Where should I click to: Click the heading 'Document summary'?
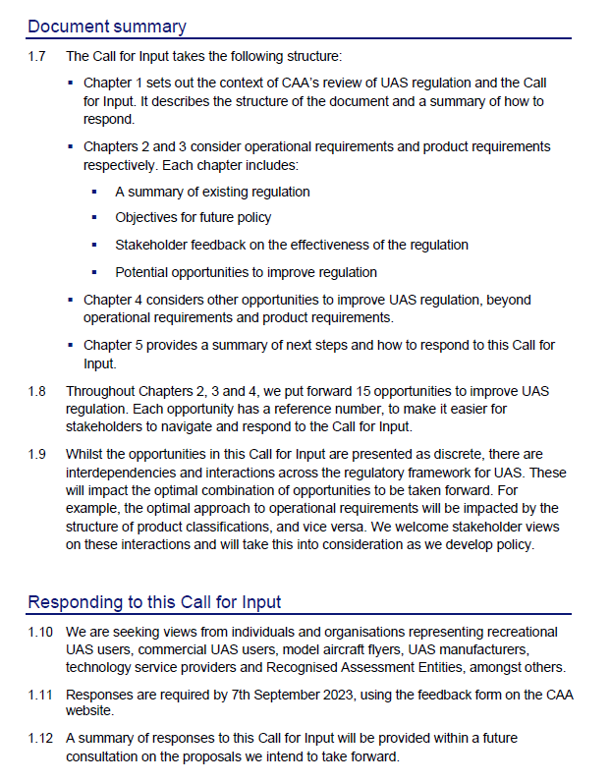(107, 27)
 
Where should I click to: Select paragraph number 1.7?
(37, 57)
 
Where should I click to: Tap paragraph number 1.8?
(37, 391)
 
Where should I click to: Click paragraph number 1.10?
(40, 632)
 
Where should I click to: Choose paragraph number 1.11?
(40, 695)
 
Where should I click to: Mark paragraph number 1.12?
(40, 737)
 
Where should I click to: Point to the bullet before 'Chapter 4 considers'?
(72, 300)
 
